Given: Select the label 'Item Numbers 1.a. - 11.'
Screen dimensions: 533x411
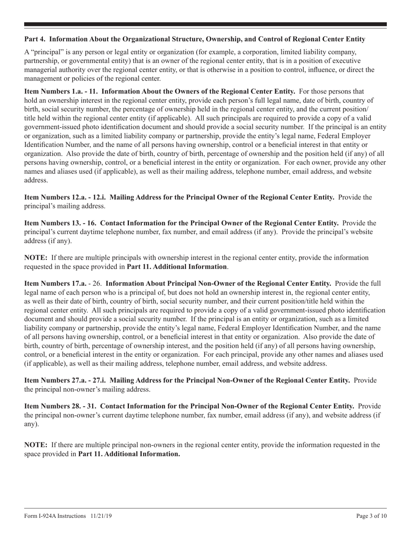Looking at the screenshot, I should click(61, 91).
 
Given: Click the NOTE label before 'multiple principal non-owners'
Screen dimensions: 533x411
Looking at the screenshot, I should click(36, 445).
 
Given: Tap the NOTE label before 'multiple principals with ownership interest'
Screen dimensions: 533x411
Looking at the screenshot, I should click(36, 257).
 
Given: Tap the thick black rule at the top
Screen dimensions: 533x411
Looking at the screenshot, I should click(205, 24).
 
